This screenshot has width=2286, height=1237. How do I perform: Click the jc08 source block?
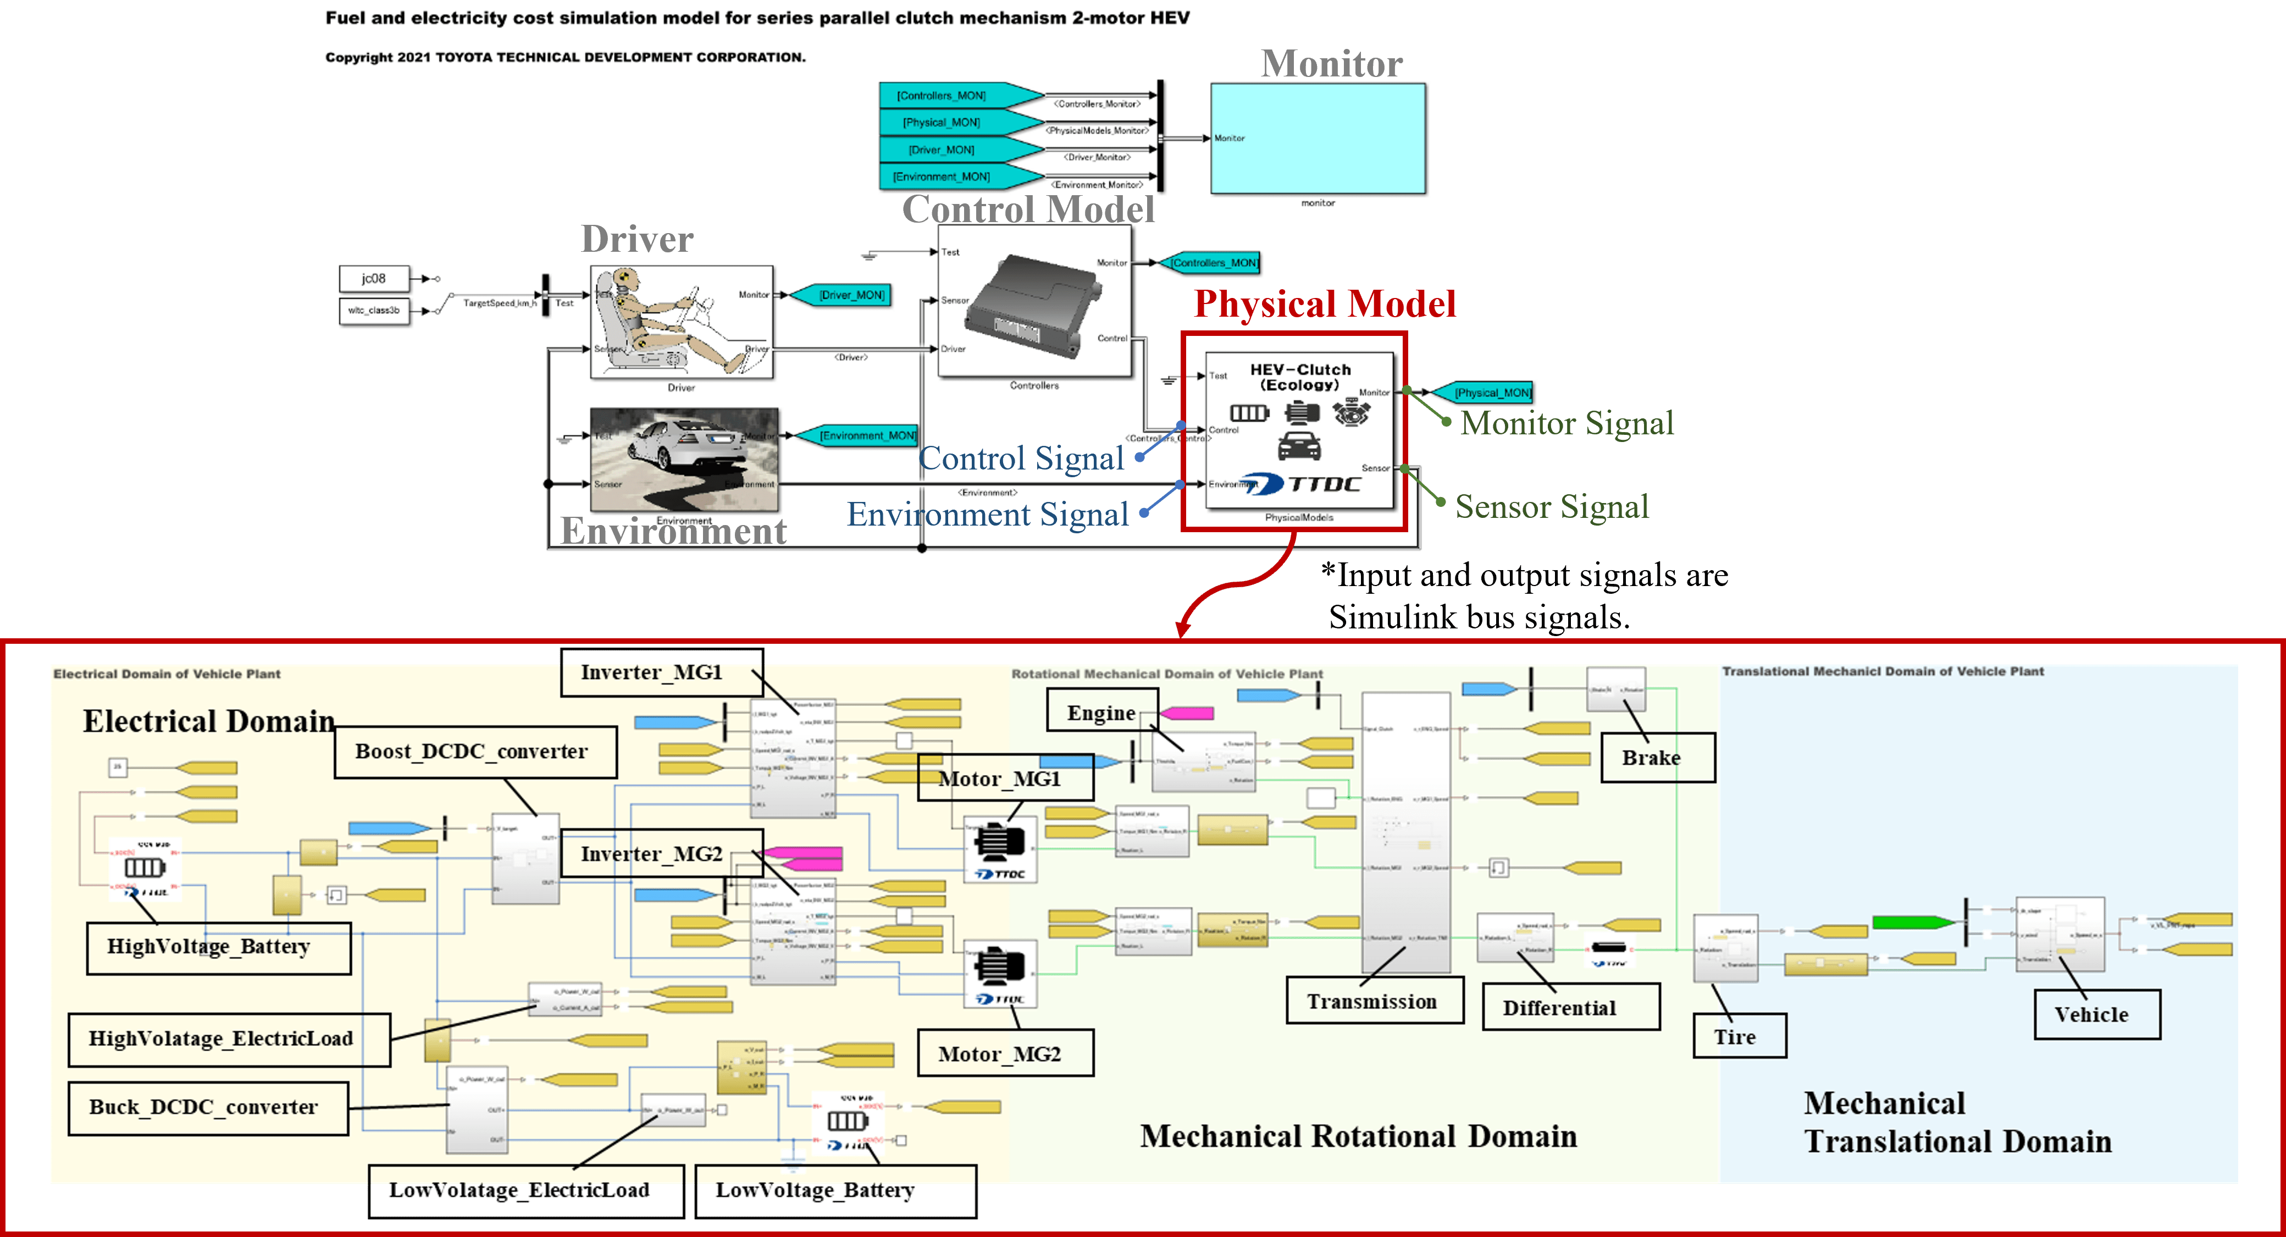[x=374, y=279]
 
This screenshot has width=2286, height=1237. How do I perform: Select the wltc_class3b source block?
[x=374, y=311]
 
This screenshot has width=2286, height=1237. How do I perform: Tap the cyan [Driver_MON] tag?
[x=842, y=295]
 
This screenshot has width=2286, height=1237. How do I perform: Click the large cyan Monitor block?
[x=1318, y=139]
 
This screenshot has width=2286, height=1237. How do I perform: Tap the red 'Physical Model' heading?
[x=1324, y=305]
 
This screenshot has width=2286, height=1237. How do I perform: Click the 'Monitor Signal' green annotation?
[x=1567, y=423]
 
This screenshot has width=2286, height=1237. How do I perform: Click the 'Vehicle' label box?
[x=2096, y=1014]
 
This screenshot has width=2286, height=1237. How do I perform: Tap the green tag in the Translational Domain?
[x=1912, y=923]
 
